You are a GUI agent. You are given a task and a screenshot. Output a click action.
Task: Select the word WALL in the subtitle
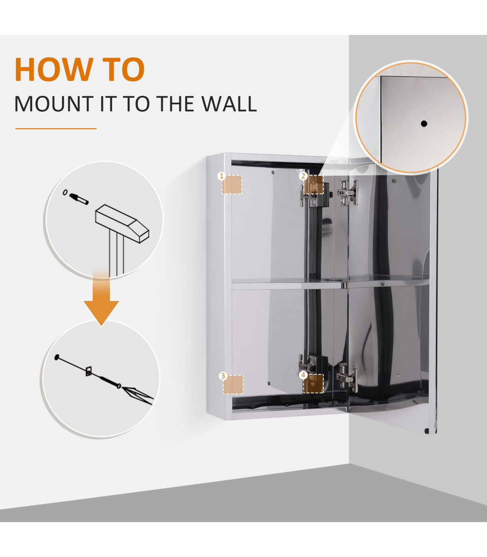[229, 104]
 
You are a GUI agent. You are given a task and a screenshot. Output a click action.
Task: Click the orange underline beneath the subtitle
[56, 129]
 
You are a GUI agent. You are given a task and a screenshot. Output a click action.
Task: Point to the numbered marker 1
[222, 176]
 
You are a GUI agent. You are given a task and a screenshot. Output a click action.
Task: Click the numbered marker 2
[303, 176]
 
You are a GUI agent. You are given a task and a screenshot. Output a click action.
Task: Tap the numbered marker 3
[223, 376]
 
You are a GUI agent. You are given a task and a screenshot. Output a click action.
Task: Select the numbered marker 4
[303, 375]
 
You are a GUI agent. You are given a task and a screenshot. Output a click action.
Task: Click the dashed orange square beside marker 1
[232, 185]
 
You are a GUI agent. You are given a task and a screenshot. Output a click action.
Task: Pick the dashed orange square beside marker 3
[233, 384]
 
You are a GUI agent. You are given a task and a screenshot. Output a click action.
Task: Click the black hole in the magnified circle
[424, 123]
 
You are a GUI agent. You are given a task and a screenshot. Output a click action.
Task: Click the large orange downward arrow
[101, 298]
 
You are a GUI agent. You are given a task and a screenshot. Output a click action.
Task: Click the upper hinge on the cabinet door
[348, 193]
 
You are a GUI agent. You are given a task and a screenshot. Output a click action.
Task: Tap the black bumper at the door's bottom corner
[427, 431]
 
